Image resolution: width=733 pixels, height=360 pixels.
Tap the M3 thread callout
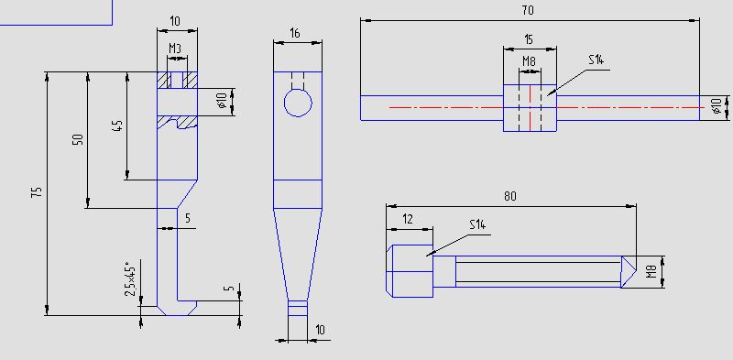click(175, 48)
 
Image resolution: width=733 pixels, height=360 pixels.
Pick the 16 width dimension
click(294, 33)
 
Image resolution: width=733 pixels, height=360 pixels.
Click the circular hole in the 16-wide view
click(298, 103)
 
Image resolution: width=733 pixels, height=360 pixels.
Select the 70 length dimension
click(528, 10)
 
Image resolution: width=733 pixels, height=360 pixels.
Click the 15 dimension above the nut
click(529, 39)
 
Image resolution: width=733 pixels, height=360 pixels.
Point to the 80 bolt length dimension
click(510, 196)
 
